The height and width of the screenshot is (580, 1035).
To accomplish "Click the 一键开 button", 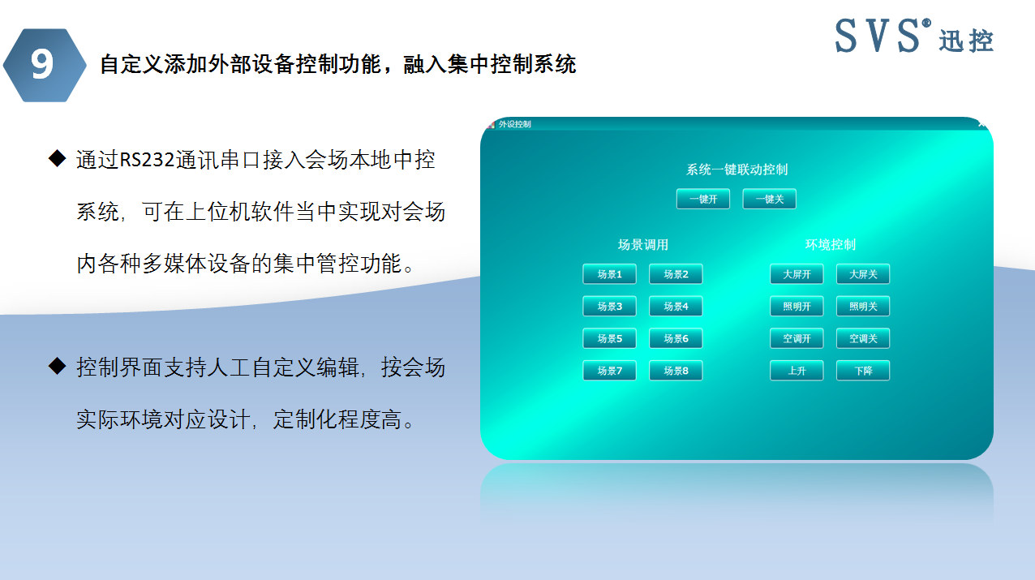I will pos(703,199).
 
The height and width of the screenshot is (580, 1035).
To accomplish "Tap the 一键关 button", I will pos(769,199).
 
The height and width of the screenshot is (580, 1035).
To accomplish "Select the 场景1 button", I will pos(609,274).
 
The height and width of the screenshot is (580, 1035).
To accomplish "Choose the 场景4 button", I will pos(676,307).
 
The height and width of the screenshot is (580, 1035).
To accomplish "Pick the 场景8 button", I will pos(676,371).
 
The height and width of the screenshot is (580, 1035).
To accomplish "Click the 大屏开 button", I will pos(797,274).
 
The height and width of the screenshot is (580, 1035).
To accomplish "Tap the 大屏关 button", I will pos(863,274).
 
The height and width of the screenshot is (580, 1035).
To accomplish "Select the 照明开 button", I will pos(797,307).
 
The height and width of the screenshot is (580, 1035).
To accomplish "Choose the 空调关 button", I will pos(863,338).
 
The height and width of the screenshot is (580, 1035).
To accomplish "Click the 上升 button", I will pos(797,371).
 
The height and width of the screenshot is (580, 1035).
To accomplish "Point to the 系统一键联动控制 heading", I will pos(737,170).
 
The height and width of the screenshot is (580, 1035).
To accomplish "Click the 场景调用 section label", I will pos(642,244).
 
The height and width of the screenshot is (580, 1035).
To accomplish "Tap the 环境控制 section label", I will pos(830,244).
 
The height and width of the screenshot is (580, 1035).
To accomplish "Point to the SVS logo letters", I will pos(878,36).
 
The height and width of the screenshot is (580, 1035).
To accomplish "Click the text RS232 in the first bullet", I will pos(147,160).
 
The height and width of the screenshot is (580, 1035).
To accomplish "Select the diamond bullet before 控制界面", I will pos(57,367).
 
